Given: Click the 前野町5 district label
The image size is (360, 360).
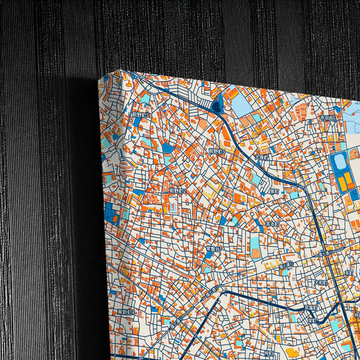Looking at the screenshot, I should coord(140,115).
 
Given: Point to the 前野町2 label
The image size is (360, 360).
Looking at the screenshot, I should coord(177,192).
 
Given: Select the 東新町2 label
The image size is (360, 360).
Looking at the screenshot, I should coord(124,312).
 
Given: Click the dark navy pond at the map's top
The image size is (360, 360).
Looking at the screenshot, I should coord(217,105).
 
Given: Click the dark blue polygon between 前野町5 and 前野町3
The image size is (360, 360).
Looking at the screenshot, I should coord(168,147).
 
